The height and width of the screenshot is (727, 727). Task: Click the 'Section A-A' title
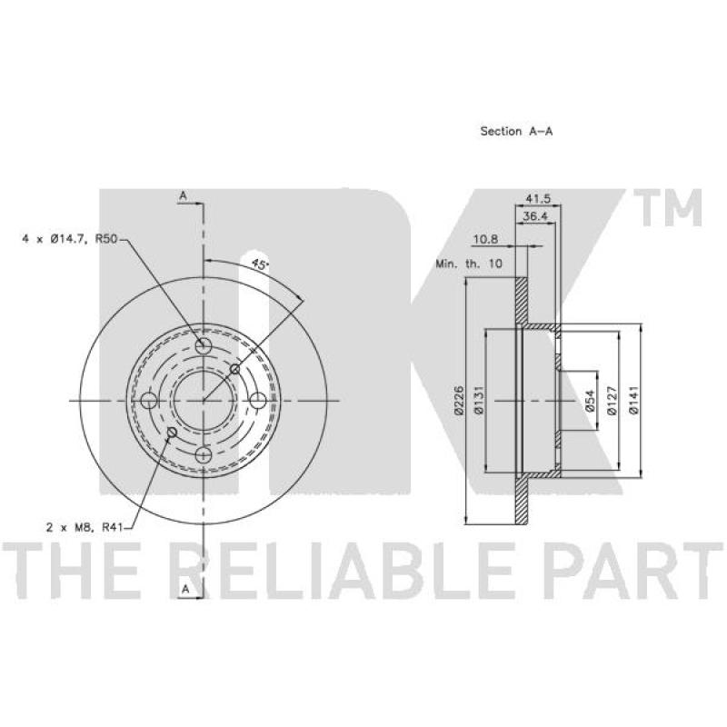[x=516, y=131]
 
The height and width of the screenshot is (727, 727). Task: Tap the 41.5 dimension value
[x=537, y=198]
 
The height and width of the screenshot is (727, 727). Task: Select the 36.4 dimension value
[x=535, y=216]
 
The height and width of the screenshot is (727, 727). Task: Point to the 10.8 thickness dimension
[x=485, y=239]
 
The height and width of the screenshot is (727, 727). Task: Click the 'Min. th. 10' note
[x=469, y=264]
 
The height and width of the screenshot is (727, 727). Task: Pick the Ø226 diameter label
[x=459, y=400]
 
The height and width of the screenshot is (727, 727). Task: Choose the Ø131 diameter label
[x=479, y=400]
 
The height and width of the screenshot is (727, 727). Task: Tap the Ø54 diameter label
[x=589, y=401]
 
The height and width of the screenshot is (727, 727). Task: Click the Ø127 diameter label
[x=612, y=401]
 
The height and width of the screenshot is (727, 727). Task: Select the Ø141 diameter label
[x=633, y=400]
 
